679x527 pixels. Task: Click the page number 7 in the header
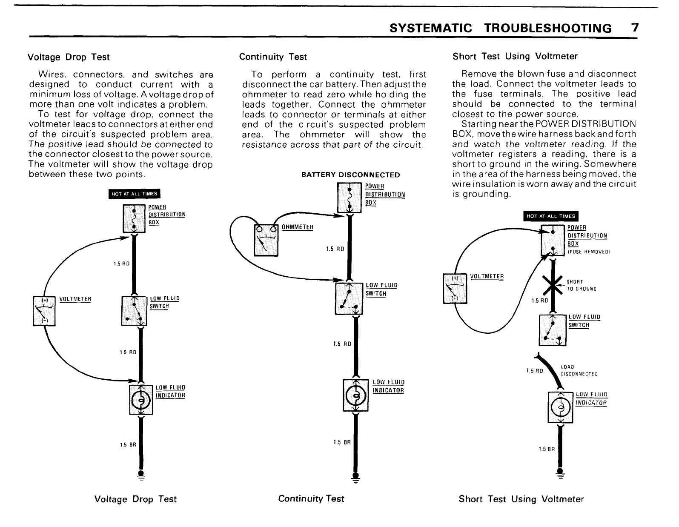(x=635, y=28)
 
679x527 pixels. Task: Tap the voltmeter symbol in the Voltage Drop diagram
(x=44, y=310)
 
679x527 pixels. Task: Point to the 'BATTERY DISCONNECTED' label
(x=350, y=175)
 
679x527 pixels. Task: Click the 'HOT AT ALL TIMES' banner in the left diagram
(x=134, y=194)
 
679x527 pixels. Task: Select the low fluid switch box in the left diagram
(x=134, y=310)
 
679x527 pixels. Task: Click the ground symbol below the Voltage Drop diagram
(x=140, y=476)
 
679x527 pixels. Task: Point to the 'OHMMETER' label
(x=298, y=227)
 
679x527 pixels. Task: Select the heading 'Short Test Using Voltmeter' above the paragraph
(x=515, y=56)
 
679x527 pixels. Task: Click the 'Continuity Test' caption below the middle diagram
(x=311, y=498)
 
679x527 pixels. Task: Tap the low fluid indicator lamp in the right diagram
(x=560, y=408)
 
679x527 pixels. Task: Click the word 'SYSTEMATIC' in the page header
(x=431, y=28)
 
